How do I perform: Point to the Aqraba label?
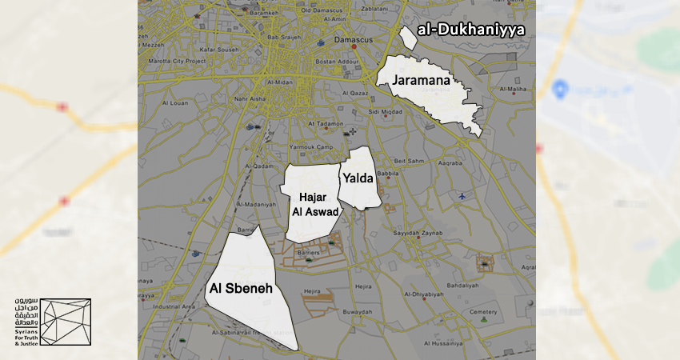[x=452, y=163]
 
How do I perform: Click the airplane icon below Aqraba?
[x=462, y=195]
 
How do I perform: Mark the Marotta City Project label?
[x=176, y=61]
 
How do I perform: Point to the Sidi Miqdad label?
[x=386, y=111]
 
